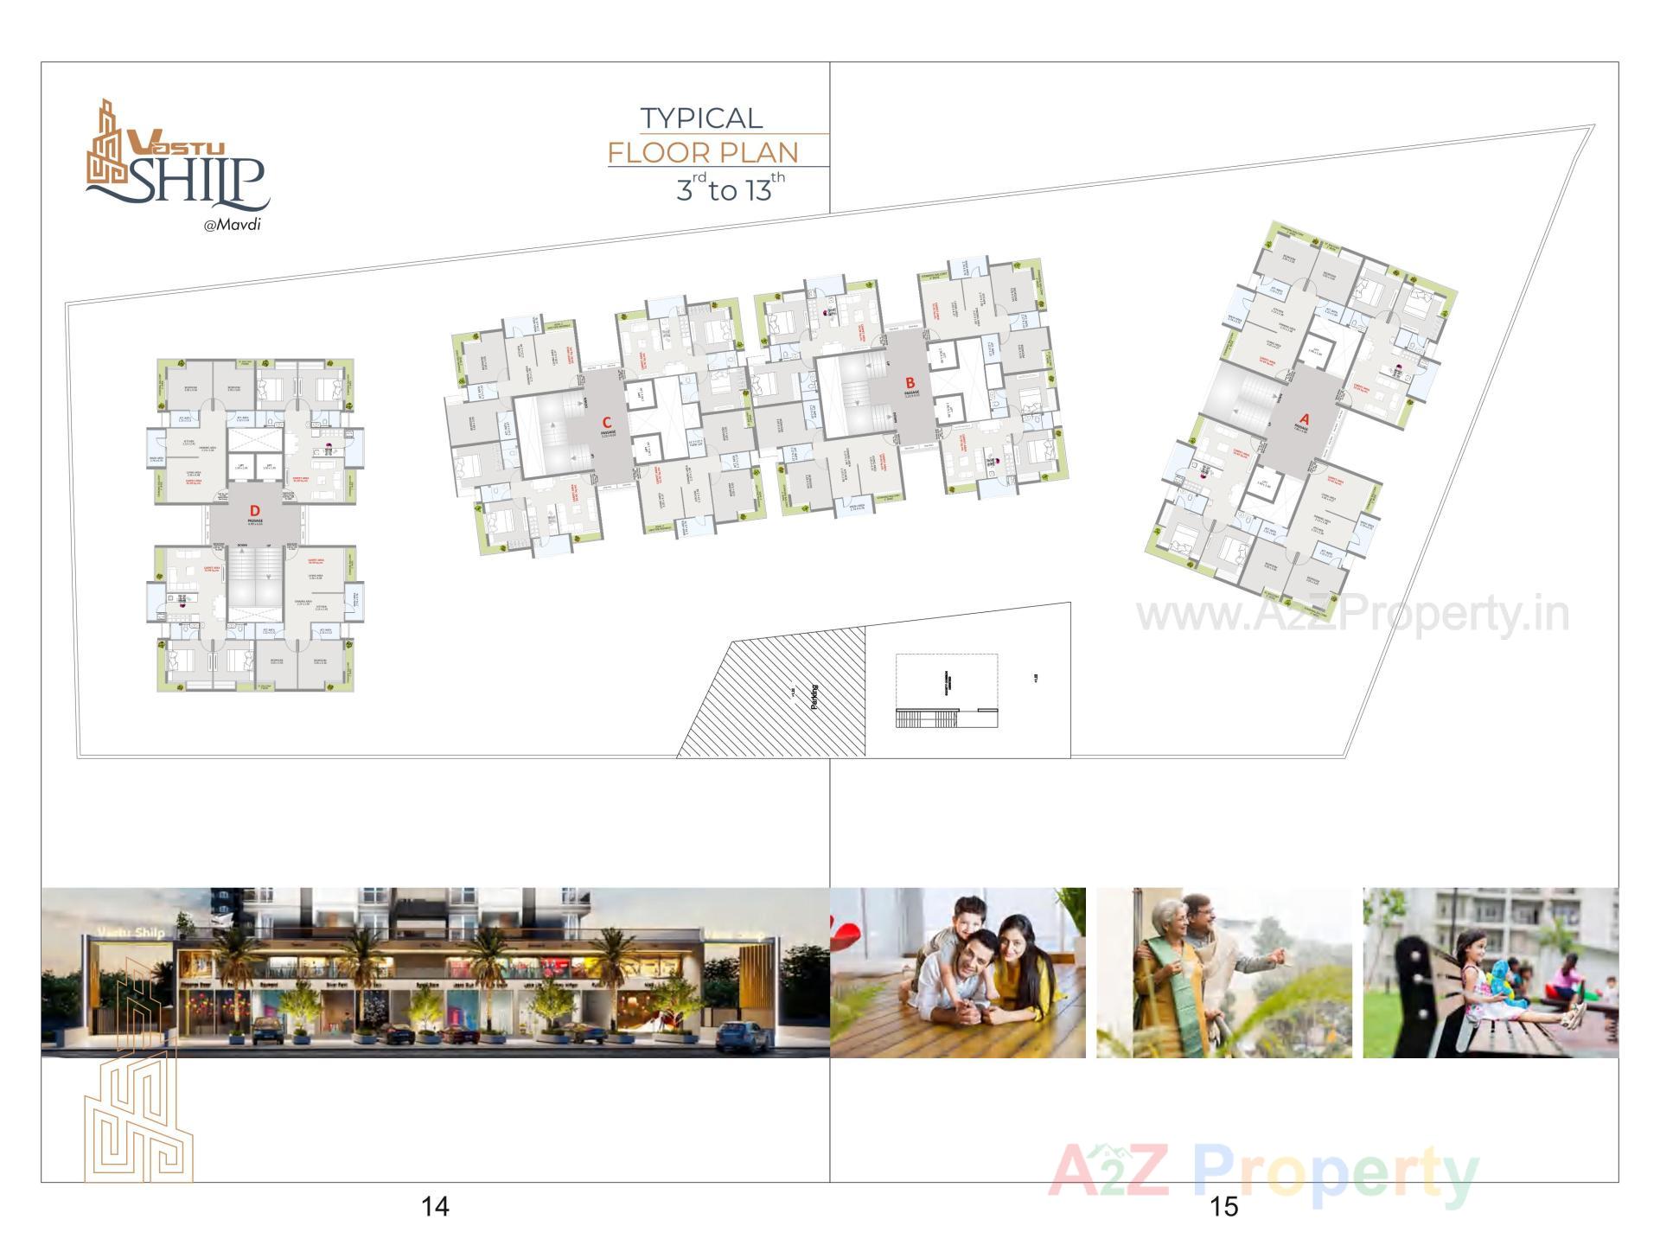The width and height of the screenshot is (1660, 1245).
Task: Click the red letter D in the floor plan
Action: tap(254, 512)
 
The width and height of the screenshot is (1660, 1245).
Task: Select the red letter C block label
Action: tap(607, 422)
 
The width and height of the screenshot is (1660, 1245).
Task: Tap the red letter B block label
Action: tap(910, 382)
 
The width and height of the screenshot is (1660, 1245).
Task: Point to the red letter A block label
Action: tap(1305, 419)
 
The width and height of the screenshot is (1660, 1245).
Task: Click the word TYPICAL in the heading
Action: tap(701, 118)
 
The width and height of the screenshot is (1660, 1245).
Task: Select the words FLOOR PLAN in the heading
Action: tap(703, 153)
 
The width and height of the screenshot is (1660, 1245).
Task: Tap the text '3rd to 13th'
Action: tap(730, 188)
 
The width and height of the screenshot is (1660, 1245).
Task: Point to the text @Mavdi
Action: tap(232, 225)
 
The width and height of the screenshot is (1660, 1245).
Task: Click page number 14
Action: tap(435, 1206)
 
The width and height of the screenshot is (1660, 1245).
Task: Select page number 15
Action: tap(1224, 1206)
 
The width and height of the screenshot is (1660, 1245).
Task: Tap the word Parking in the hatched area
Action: tap(814, 697)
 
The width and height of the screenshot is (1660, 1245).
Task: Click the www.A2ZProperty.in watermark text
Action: tap(1352, 616)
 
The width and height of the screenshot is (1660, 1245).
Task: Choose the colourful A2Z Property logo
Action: tap(1263, 1174)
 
